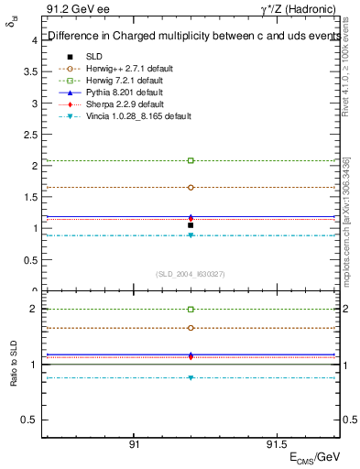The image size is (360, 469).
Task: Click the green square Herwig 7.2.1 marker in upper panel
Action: (191, 160)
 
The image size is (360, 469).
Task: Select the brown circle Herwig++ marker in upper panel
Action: (191, 187)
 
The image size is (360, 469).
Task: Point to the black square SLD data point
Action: (191, 225)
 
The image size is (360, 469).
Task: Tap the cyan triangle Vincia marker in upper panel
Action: (191, 235)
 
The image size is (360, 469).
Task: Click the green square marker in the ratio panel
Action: (191, 310)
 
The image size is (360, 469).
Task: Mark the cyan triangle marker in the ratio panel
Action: (191, 377)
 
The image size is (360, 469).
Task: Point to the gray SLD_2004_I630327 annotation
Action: (191, 274)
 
